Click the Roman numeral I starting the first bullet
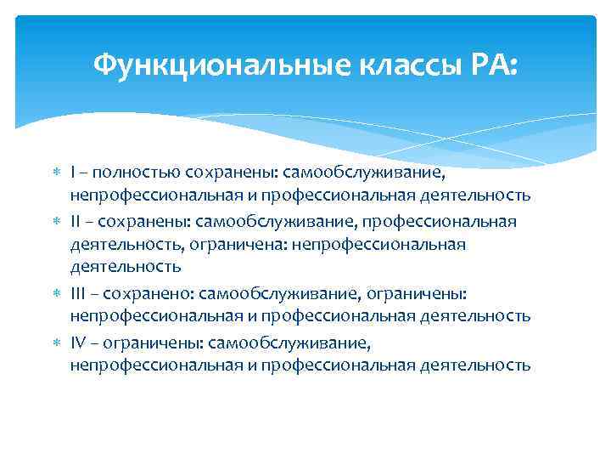click(x=73, y=173)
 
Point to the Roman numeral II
click(x=76, y=221)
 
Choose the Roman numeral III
click(x=78, y=293)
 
